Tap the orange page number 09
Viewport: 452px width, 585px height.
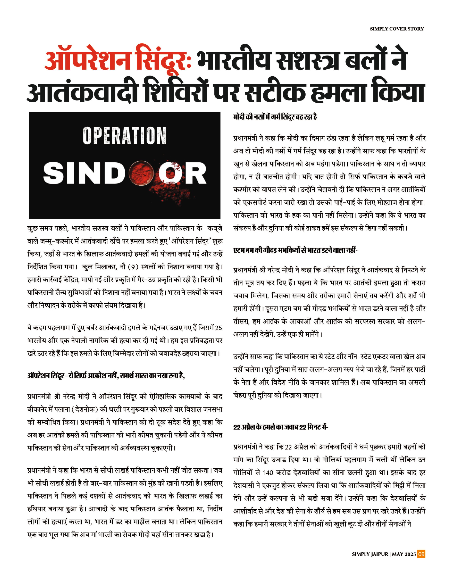(x=421, y=554)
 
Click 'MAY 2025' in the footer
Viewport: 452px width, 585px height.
(x=404, y=554)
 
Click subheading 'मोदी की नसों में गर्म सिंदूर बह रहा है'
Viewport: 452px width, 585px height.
(x=275, y=117)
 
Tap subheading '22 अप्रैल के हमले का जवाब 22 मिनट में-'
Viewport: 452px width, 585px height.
(x=280, y=427)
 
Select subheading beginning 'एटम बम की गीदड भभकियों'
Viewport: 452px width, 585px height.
(x=295, y=250)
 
